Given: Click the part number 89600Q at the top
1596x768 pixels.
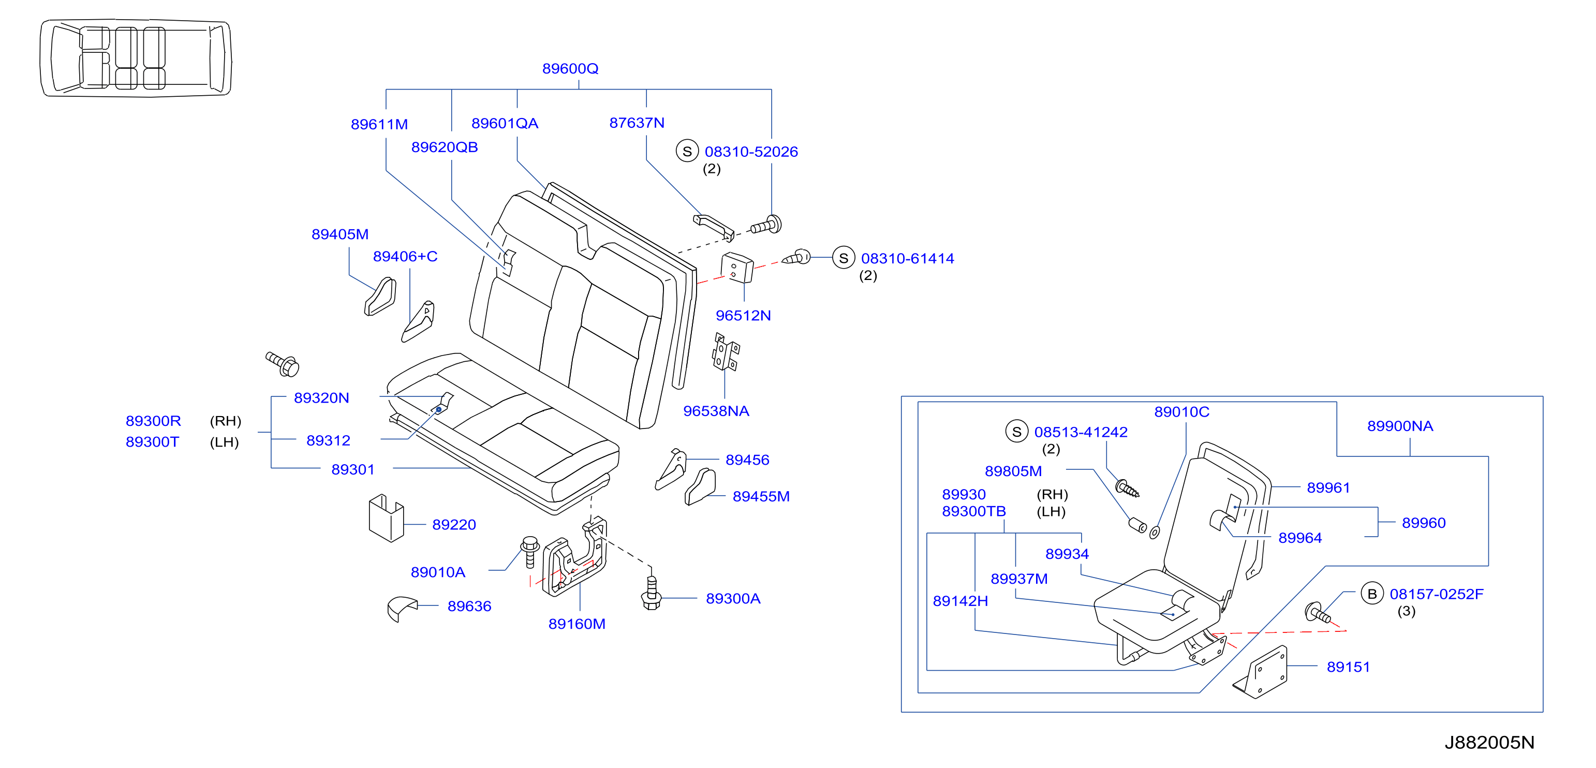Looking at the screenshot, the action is [570, 69].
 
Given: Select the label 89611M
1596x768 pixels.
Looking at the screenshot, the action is [379, 125].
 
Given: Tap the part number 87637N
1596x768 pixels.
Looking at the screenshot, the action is [637, 123].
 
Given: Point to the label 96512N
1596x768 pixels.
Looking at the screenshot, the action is [744, 315].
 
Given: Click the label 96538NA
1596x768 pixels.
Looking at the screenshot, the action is [716, 411].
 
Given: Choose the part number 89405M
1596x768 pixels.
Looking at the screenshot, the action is [340, 234].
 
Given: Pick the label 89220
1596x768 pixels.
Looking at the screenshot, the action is [454, 525].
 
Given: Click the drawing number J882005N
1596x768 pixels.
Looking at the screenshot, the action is [1489, 743].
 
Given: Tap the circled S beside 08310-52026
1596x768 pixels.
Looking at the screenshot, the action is [687, 151].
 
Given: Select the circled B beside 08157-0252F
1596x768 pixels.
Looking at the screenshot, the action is [1372, 594].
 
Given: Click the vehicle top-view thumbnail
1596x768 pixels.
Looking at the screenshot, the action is [136, 57].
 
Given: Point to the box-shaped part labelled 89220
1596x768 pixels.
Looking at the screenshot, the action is [386, 518].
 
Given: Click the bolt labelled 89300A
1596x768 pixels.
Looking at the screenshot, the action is [651, 593].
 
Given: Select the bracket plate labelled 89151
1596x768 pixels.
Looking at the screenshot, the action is [1262, 673].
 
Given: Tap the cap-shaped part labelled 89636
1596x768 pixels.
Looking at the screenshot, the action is [402, 608].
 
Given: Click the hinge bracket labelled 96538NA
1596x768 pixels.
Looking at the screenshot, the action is [726, 352].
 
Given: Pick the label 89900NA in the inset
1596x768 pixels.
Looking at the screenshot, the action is [1400, 426].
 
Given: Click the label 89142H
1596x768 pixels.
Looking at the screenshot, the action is [960, 601].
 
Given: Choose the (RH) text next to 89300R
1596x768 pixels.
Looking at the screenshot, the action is [226, 421].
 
